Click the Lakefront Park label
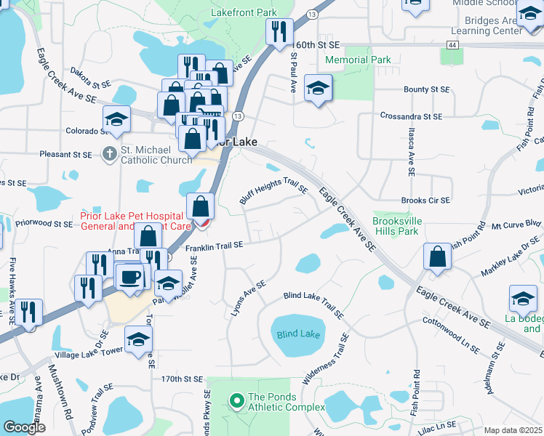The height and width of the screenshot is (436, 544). coord(244,12)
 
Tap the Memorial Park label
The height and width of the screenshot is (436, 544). coord(358,60)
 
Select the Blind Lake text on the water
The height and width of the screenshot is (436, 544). coord(298,334)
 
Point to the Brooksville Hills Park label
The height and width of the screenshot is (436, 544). coord(395,225)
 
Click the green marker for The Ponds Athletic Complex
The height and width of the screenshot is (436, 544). coord(236,400)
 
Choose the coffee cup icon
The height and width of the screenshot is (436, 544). coord(131,278)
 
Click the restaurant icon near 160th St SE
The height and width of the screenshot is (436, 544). coord(279,32)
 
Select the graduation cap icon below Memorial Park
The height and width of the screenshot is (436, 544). coord(318,89)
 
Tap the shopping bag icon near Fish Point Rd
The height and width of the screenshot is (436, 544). coord(436,258)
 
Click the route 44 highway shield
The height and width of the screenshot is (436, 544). coord(453,45)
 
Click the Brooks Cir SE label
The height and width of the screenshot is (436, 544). coord(425,200)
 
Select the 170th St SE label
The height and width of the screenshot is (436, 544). coord(181,379)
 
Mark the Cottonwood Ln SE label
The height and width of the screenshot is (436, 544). coord(451,333)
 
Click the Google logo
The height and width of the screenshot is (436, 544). coord(24,427)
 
